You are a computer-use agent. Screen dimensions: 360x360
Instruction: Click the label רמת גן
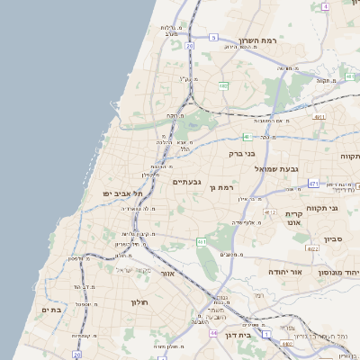[x=221, y=187]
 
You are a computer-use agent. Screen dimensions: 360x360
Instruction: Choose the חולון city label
[x=120, y=303]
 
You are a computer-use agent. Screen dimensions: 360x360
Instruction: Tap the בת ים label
[x=50, y=310]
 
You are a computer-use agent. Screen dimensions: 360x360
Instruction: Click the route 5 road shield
[x=213, y=37]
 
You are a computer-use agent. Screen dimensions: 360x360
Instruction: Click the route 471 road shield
[x=312, y=184]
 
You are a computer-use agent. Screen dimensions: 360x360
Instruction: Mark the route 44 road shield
[x=213, y=333]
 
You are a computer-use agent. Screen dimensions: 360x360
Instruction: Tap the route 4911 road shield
[x=319, y=116]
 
